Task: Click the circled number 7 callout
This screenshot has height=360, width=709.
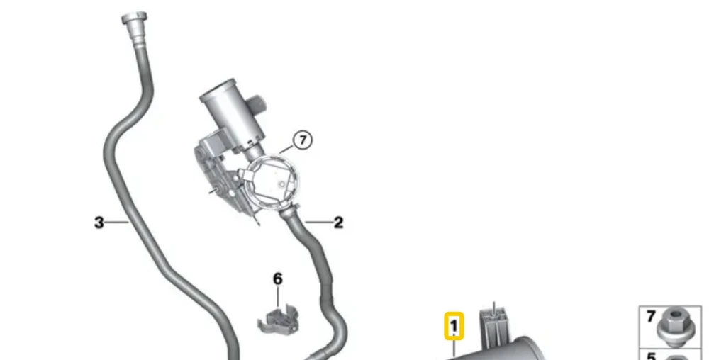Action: click(303, 140)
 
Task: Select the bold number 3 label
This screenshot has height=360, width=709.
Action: click(99, 223)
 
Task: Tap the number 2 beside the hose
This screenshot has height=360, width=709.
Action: click(338, 223)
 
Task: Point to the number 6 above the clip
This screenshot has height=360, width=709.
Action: click(278, 279)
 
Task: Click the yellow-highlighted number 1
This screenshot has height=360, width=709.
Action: click(454, 326)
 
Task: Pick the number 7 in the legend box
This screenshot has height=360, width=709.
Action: click(651, 316)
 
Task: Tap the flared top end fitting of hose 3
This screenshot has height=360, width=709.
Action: click(134, 20)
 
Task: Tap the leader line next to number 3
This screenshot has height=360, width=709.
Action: click(118, 223)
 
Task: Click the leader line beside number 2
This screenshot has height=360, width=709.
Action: click(319, 223)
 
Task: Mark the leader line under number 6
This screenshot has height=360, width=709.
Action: click(278, 298)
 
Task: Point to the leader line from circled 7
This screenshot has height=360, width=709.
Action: click(286, 147)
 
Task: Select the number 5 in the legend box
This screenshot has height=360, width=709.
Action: click(651, 356)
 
